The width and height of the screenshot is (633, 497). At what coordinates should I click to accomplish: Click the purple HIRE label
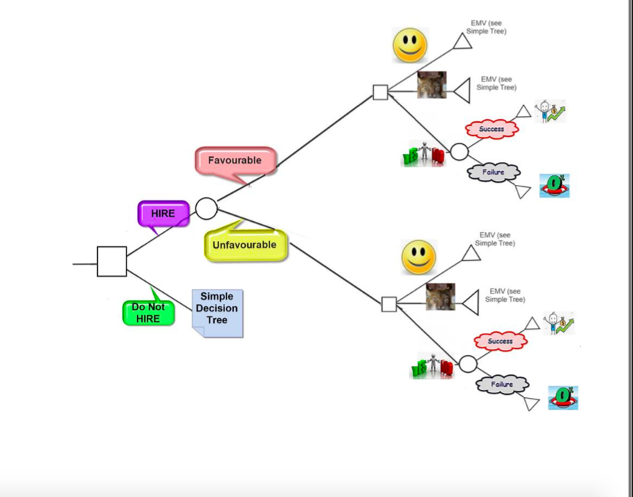pos(163,213)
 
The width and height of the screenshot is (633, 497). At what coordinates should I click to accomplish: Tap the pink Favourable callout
pos(235,160)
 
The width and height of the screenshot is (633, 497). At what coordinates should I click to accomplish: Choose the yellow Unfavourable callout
pos(244,245)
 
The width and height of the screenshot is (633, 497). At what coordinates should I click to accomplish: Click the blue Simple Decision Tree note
pos(217,310)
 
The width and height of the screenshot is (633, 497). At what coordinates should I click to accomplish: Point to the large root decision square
pos(112,262)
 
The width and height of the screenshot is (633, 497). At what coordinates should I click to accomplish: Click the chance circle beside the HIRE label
pos(207,209)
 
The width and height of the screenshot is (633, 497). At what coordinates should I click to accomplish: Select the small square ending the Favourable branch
pos(380,92)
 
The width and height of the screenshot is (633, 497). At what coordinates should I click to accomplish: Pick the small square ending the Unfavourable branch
pos(389,304)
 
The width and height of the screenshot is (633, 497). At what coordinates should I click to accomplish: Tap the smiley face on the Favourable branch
pos(409,46)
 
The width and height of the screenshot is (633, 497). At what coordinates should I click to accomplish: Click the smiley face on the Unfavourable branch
pos(418,257)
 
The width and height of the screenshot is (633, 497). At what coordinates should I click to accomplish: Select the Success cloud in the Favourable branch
pos(492,129)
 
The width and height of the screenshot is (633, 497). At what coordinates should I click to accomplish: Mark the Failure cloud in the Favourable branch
pos(493,172)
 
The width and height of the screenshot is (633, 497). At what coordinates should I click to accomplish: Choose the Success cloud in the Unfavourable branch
pos(500,342)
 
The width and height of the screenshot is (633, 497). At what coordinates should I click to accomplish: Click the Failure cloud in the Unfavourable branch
pos(502,385)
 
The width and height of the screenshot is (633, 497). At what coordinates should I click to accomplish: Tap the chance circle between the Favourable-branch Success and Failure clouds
pos(459,152)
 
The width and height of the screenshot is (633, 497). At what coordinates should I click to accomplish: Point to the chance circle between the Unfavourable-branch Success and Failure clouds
pos(468,364)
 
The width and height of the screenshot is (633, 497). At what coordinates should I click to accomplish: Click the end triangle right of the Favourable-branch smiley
pos(463,41)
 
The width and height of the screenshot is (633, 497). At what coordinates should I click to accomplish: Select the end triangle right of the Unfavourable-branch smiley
pos(472,254)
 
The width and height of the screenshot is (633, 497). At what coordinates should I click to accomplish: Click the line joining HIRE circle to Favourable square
pos(296,148)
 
